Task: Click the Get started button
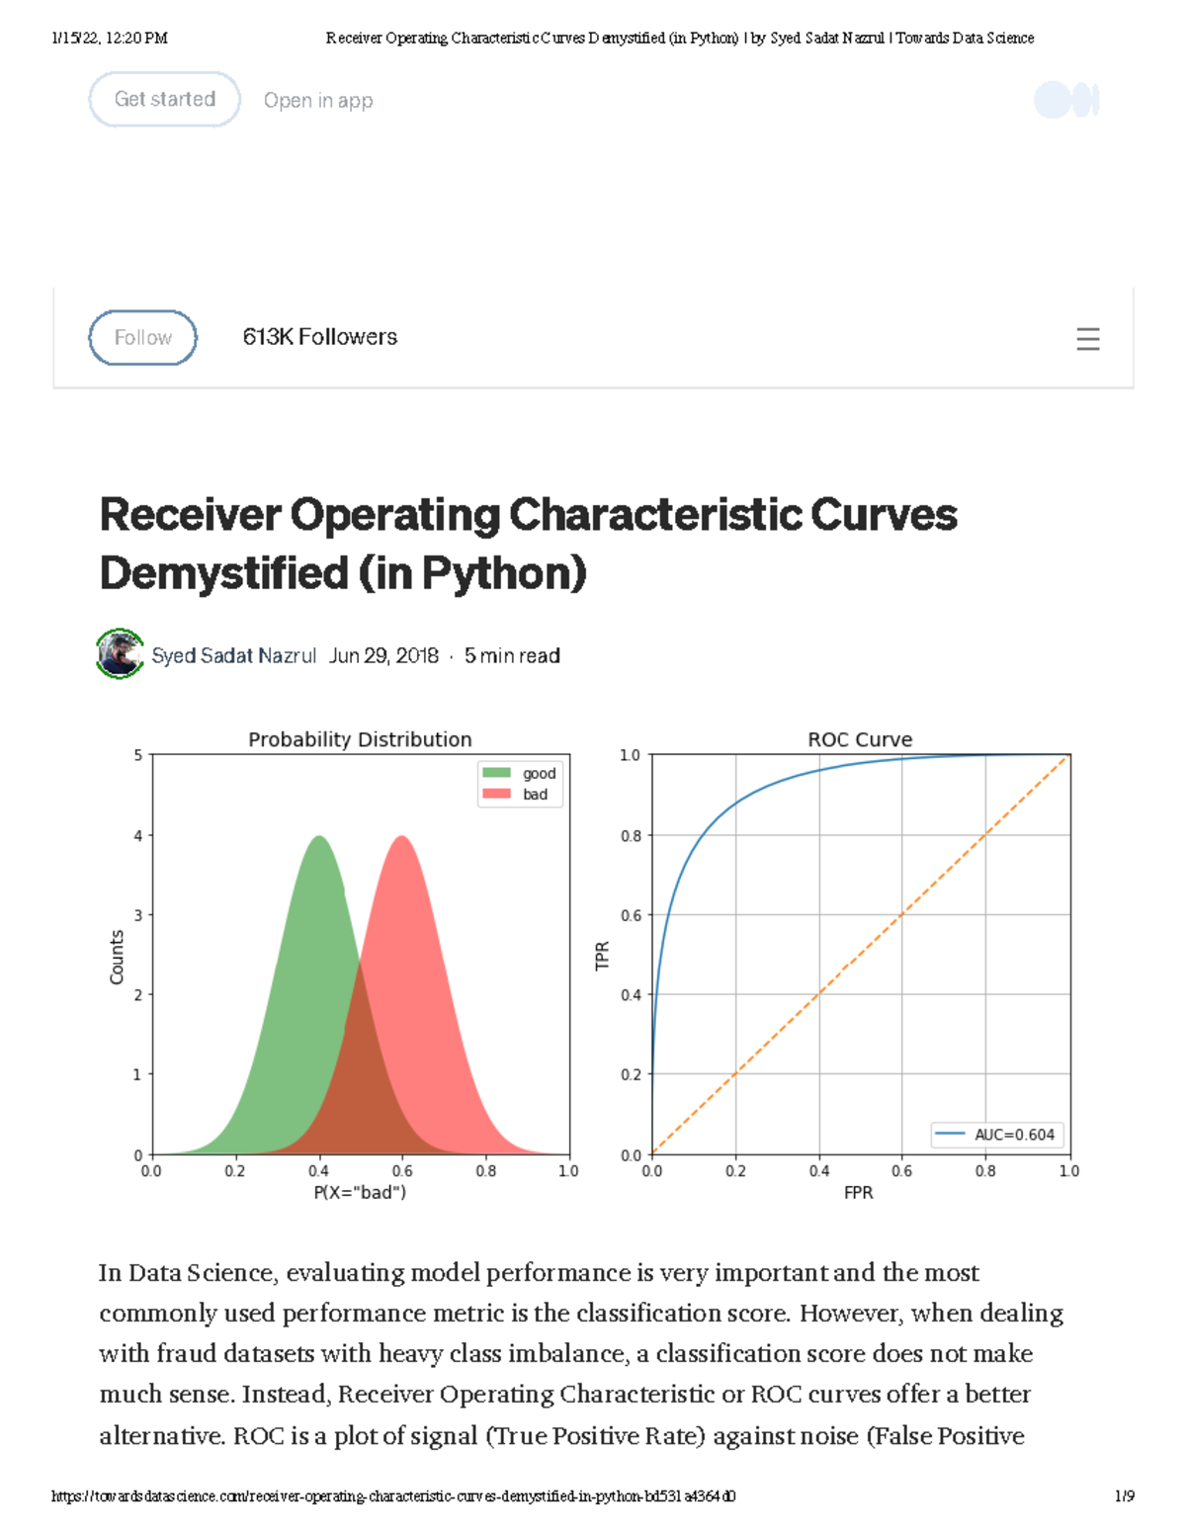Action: tap(165, 100)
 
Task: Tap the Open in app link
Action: tap(318, 101)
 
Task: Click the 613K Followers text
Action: tap(320, 337)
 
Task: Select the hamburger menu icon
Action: tap(1087, 339)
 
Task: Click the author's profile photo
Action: tap(121, 654)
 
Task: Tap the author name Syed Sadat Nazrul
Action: tap(233, 656)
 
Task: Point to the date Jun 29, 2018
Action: tap(383, 656)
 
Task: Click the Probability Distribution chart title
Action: tap(360, 739)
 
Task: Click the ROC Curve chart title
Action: tap(860, 739)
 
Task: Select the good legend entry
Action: tap(521, 773)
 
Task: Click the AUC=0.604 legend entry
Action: tap(997, 1135)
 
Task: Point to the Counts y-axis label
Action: tap(117, 957)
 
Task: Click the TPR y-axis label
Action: tap(602, 956)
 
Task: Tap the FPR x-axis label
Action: tap(859, 1193)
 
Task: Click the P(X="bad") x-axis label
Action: tap(360, 1193)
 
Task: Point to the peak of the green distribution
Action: tap(319, 838)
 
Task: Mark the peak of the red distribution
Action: tap(402, 838)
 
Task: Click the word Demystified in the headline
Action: tap(224, 573)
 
